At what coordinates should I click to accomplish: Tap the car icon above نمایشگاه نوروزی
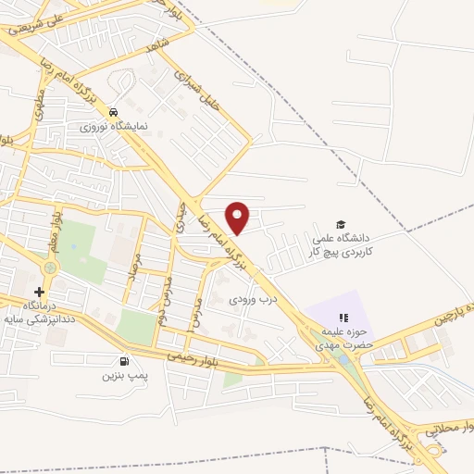(113, 111)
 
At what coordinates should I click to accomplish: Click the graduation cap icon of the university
(341, 225)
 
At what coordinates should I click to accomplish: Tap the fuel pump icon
(123, 362)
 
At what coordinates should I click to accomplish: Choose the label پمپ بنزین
(125, 377)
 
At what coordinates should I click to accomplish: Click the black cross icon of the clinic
(39, 292)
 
